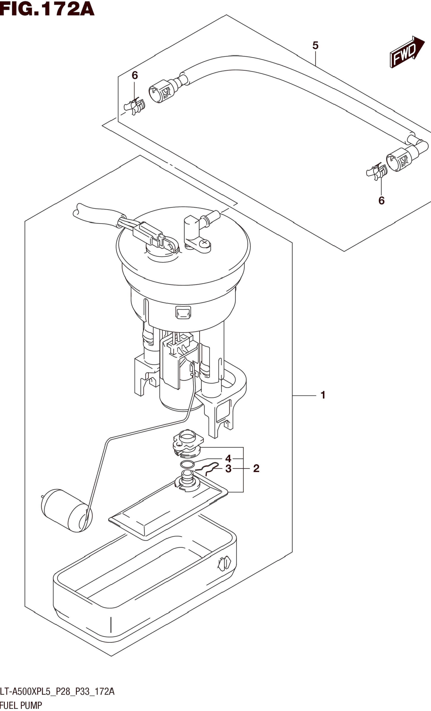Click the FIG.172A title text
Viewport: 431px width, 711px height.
(x=47, y=9)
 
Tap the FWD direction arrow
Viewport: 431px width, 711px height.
(x=407, y=52)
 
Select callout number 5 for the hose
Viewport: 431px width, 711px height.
(x=315, y=45)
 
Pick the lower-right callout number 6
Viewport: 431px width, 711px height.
(x=381, y=200)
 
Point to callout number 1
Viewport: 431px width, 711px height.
(x=323, y=395)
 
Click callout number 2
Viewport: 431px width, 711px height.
(x=256, y=468)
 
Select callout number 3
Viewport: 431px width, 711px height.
(x=228, y=469)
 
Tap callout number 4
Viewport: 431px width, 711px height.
(x=228, y=459)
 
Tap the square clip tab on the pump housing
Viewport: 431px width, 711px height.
(x=183, y=312)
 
